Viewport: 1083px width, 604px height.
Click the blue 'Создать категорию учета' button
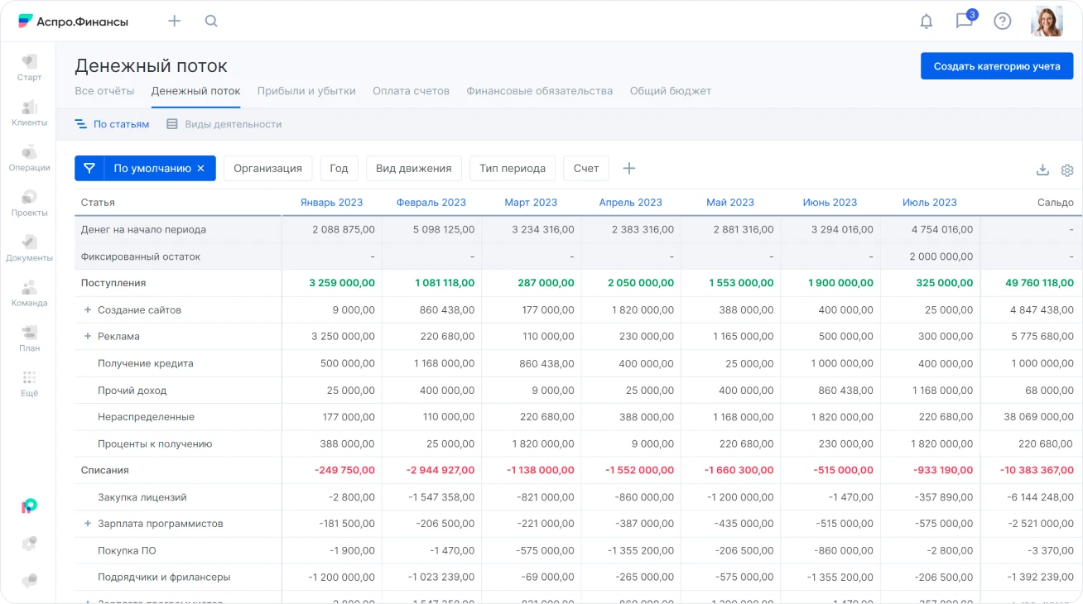996,66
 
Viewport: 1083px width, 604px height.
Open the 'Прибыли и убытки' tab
306,91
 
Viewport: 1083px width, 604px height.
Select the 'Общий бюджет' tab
670,91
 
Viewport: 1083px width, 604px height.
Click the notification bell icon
927,22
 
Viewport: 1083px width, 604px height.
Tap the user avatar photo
1047,22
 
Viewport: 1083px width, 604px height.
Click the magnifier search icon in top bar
211,22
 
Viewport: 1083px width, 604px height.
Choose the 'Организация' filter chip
267,168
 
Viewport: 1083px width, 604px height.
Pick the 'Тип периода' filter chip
513,168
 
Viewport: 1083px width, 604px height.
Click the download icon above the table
1042,170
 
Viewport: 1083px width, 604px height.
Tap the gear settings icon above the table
1067,170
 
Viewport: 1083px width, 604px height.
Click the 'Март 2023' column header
531,203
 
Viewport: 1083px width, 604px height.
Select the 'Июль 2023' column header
929,203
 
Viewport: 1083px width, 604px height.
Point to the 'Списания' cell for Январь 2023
344,470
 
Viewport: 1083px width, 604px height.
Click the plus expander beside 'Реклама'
88,337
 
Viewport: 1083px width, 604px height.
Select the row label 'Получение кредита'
146,363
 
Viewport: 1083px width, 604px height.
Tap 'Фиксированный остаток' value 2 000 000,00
941,256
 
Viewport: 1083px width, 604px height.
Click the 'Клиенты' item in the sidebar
29,113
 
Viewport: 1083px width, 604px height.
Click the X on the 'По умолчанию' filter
200,168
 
